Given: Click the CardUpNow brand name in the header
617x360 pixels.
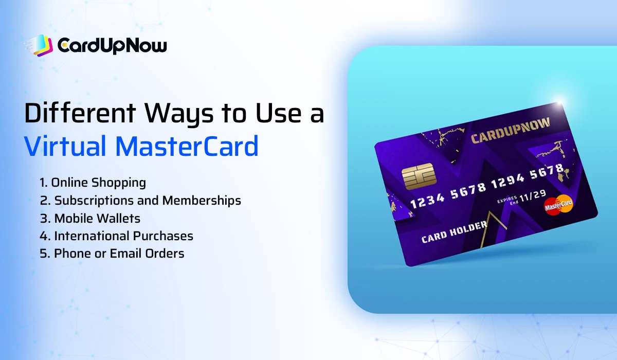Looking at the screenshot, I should click(x=112, y=46).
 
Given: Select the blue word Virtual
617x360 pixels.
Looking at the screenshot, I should click(x=64, y=146).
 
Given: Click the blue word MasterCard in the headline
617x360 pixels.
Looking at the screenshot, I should click(x=187, y=146).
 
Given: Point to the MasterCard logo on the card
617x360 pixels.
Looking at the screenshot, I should click(x=558, y=205).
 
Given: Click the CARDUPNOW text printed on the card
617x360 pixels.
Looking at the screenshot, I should click(x=511, y=130).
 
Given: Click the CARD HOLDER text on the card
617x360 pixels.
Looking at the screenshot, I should click(x=454, y=232).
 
